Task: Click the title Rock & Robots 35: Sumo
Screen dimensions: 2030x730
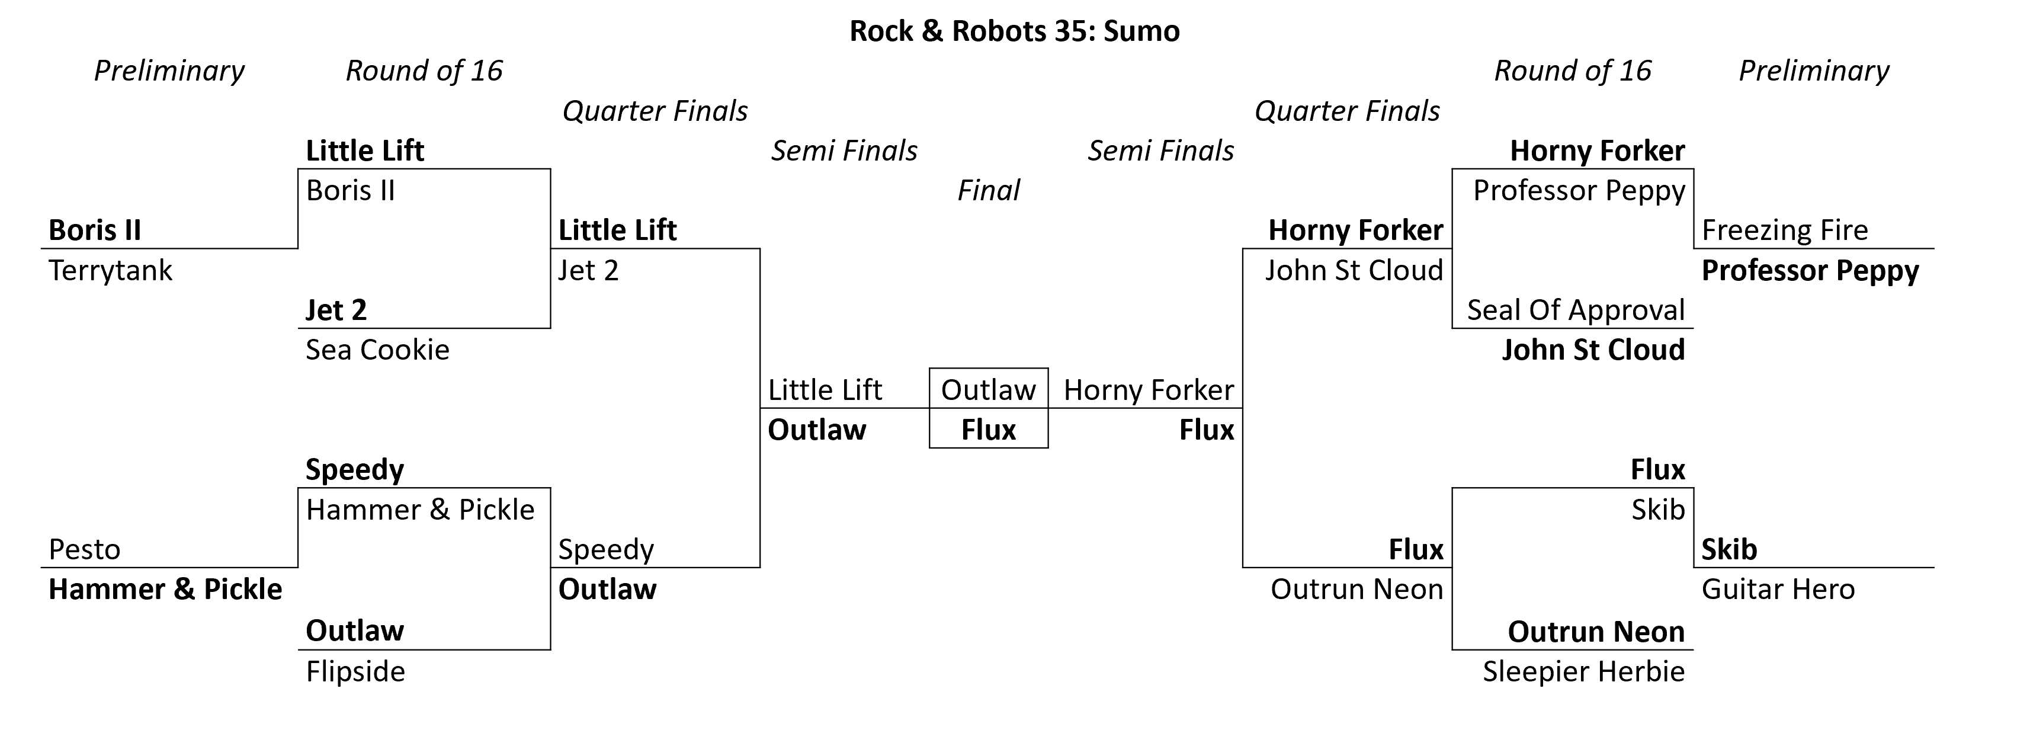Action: [x=1014, y=31]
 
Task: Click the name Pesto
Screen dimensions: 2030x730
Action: [x=84, y=549]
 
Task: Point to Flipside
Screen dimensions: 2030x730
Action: [x=355, y=672]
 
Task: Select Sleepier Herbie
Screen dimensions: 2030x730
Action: [x=1584, y=672]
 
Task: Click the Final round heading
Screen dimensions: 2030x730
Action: [x=988, y=191]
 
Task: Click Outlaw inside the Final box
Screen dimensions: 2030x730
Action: [x=988, y=390]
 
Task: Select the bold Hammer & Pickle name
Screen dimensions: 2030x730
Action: [x=165, y=590]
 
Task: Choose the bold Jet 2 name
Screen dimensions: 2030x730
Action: [x=336, y=310]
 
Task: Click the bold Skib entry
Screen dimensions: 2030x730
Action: [x=1729, y=549]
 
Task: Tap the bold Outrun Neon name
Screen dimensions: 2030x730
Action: [x=1596, y=632]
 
